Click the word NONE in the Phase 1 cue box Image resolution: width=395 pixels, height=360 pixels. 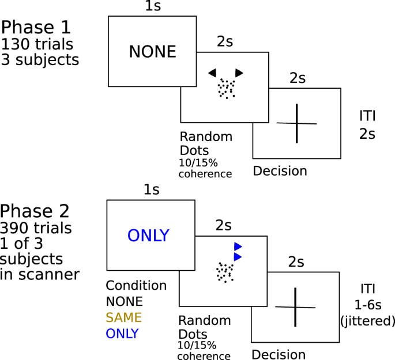click(152, 52)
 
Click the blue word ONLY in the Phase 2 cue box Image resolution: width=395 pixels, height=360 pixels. click(148, 236)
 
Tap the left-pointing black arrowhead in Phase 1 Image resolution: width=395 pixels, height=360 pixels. click(212, 72)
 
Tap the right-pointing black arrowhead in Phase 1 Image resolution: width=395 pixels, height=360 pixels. click(239, 72)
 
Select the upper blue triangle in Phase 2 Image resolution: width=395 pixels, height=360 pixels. click(237, 246)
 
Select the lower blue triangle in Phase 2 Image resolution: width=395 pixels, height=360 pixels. click(237, 256)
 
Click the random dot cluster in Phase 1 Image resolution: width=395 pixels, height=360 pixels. click(225, 88)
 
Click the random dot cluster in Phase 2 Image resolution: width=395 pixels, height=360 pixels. click(225, 271)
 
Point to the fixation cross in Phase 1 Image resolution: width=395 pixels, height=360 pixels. click(297, 123)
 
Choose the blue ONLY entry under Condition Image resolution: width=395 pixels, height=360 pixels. click(122, 333)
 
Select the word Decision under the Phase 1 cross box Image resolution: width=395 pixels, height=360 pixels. click(280, 170)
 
